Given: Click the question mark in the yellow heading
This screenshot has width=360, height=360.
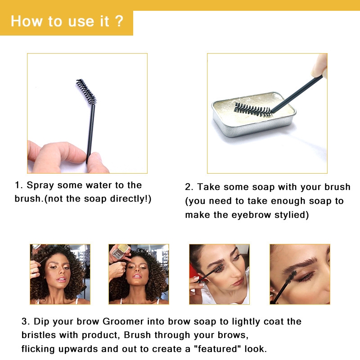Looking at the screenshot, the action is pos(119,21).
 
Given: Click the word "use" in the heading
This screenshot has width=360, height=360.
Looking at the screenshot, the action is pos(81,22).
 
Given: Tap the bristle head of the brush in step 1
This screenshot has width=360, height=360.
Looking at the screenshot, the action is pos(86,91).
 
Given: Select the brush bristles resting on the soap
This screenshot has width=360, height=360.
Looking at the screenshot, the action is pos(253,110).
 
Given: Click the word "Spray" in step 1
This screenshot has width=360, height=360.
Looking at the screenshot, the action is pos(40,185).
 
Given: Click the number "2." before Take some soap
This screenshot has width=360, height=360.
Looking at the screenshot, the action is pos(189,187).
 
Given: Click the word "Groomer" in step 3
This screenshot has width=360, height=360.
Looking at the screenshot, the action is pos(123,321).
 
